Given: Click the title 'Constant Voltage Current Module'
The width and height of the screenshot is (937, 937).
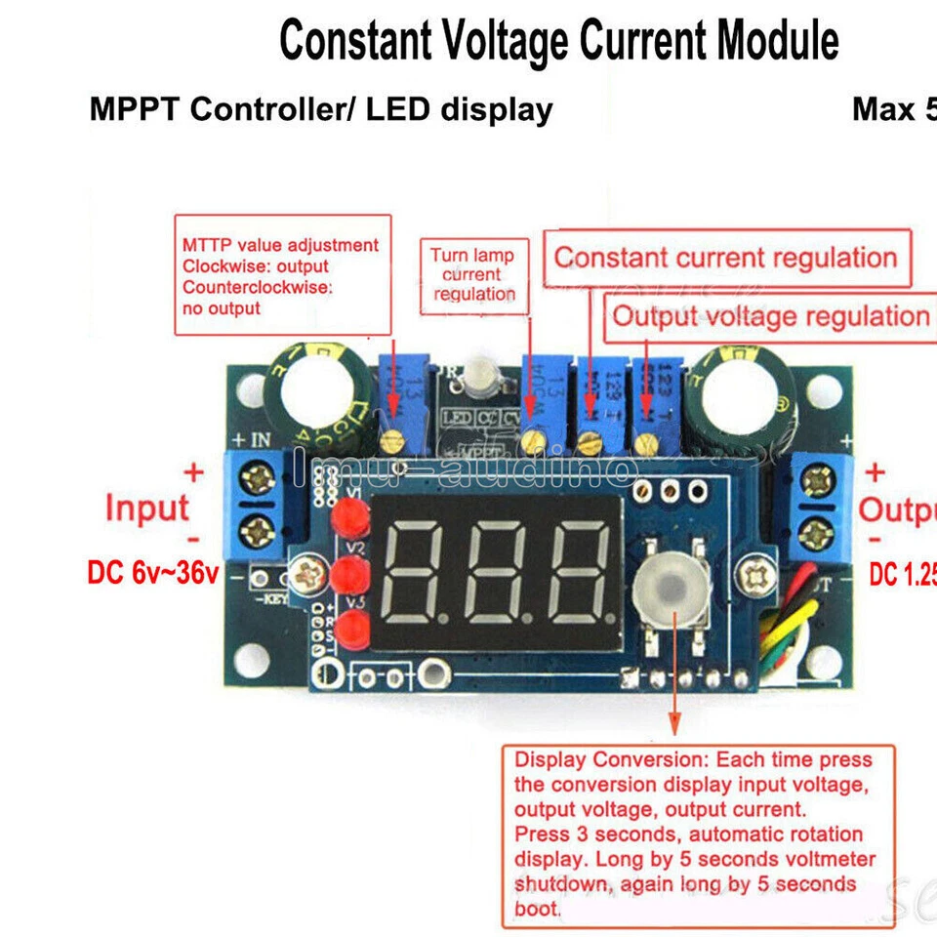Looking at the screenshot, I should coord(558,42).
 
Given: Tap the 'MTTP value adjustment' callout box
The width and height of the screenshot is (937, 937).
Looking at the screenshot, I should coord(282,275).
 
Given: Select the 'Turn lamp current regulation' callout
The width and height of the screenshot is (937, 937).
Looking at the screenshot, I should coord(473,274).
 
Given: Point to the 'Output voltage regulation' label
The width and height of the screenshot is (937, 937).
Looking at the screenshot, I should coord(770,316).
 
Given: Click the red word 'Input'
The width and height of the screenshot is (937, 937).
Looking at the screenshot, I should coord(146,509).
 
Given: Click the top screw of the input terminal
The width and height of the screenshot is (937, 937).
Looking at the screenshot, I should coord(261,477).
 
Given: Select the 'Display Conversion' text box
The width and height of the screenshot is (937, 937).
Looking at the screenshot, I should coord(693,835).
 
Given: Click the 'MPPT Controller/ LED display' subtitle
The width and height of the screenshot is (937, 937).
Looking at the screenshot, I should coord(321,109).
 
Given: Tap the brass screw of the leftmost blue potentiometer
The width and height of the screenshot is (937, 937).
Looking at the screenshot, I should coord(393,442).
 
